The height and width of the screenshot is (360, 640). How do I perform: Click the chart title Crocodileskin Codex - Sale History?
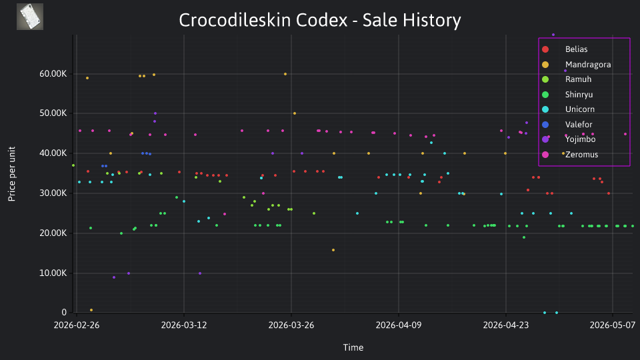click(x=320, y=20)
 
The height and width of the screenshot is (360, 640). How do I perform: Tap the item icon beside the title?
click(x=30, y=17)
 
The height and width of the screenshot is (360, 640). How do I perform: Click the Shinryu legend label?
click(x=579, y=94)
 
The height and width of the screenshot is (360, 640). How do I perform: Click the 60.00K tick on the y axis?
click(x=53, y=74)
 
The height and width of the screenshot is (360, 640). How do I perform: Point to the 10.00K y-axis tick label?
click(x=53, y=273)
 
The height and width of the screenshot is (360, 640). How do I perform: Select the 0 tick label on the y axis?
click(x=64, y=312)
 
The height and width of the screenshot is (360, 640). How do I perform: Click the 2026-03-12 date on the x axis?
click(x=184, y=325)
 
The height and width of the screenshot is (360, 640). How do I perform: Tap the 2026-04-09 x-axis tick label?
click(x=399, y=325)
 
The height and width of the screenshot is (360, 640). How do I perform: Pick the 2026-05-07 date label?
click(x=612, y=325)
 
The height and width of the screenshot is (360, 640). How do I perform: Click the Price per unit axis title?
click(x=12, y=174)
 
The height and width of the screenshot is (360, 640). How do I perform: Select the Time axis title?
click(x=353, y=347)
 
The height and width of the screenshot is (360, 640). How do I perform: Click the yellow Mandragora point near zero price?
click(x=91, y=310)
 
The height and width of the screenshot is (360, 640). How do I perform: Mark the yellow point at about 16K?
click(x=333, y=250)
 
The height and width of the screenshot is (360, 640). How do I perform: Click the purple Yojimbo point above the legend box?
click(x=553, y=35)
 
